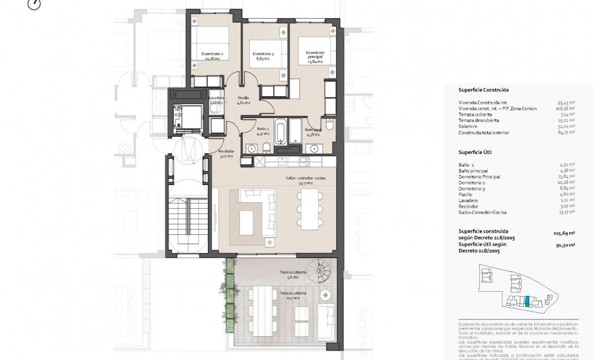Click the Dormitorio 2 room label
[x=214, y=55]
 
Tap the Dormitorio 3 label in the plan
[x=263, y=56]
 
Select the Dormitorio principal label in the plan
[x=314, y=56]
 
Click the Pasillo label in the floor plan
[x=244, y=100]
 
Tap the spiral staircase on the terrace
[x=321, y=274]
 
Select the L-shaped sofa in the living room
[x=256, y=210]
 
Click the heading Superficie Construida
[x=483, y=90]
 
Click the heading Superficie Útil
[x=475, y=152]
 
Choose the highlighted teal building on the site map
[x=527, y=301]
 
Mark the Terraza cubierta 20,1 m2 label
[x=289, y=296]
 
